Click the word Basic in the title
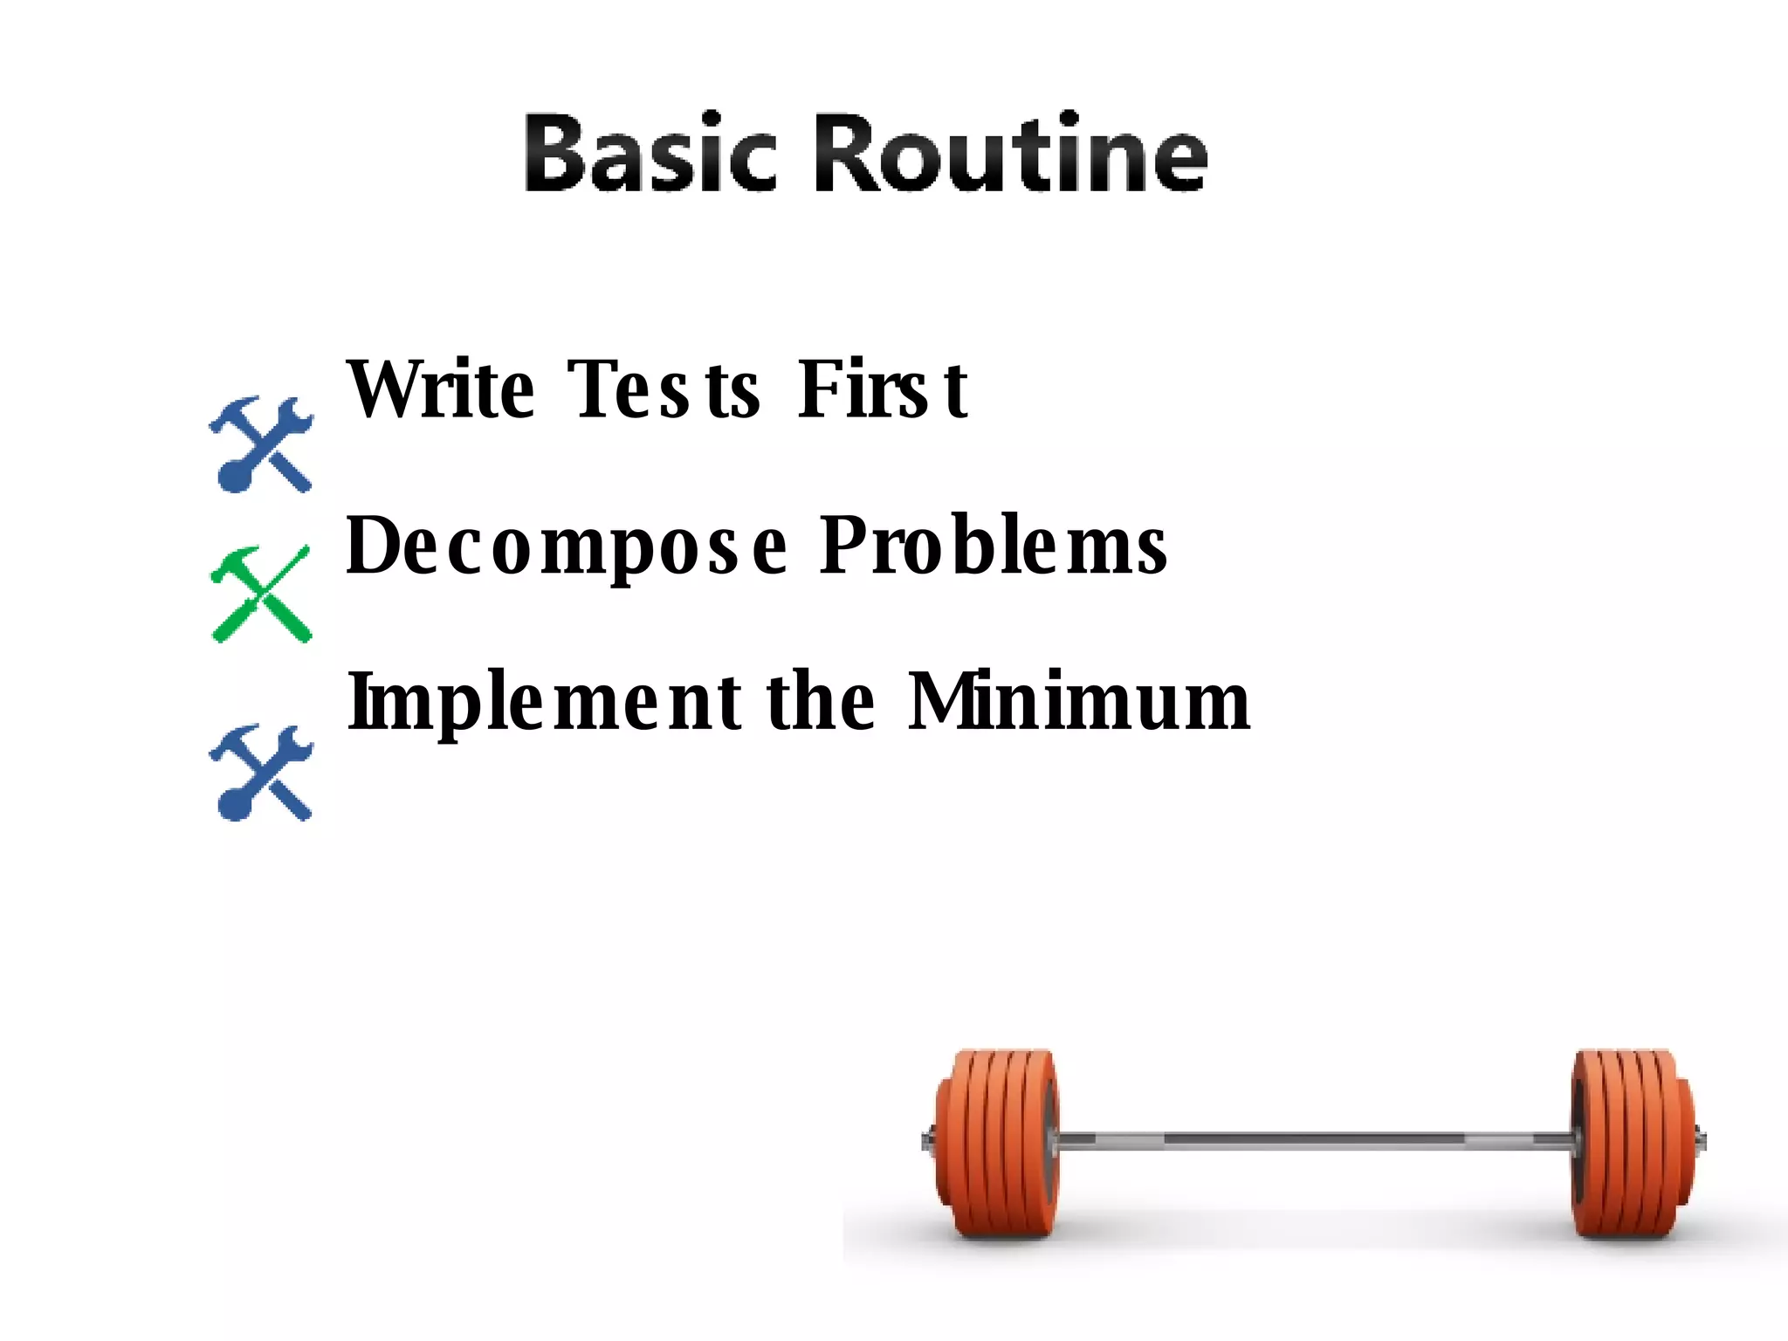tap(650, 155)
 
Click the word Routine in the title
tap(1011, 155)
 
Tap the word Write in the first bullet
tap(441, 389)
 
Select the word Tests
tap(664, 389)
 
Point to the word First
tap(882, 389)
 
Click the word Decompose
tap(567, 548)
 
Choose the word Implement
tap(545, 703)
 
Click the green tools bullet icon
tap(261, 595)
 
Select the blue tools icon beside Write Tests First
tap(261, 444)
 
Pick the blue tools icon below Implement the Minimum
tap(261, 773)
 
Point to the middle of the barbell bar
tap(1314, 1139)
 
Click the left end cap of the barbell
tap(927, 1140)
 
